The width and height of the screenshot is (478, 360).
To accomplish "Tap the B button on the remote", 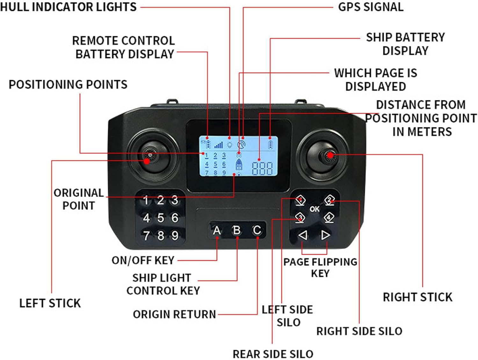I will (x=237, y=230).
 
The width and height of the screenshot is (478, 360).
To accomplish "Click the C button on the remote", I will (x=257, y=230).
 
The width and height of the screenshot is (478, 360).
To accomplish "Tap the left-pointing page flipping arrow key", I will (x=303, y=235).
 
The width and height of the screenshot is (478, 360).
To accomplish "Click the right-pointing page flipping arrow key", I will (x=325, y=235).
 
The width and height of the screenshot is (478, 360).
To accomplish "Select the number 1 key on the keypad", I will (x=146, y=200).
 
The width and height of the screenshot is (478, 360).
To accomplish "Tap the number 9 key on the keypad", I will (x=175, y=236).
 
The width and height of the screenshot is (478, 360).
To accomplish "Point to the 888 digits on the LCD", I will (x=262, y=168).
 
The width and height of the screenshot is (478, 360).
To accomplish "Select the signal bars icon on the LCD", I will (x=219, y=145).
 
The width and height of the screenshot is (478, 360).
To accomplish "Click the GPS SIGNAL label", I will (x=371, y=7).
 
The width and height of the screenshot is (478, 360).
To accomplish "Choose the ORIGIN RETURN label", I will (x=174, y=314).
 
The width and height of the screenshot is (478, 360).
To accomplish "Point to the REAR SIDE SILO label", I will (x=273, y=354).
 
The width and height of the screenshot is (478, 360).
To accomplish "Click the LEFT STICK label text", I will (x=50, y=303).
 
